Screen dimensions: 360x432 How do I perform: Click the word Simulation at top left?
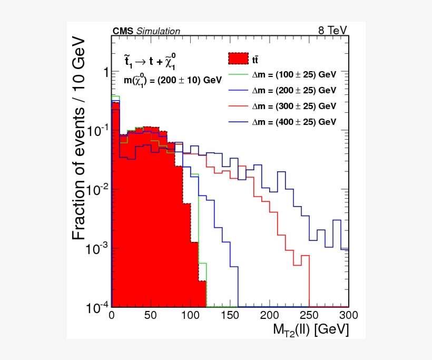click(x=158, y=32)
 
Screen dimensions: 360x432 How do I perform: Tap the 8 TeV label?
click(x=332, y=31)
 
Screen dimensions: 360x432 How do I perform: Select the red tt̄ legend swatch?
click(x=238, y=59)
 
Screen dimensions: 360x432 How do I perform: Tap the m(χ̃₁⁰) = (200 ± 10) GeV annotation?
click(x=172, y=80)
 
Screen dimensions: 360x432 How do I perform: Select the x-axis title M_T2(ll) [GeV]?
click(x=310, y=330)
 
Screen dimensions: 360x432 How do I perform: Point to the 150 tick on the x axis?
click(x=230, y=315)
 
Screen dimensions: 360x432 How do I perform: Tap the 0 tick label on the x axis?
click(x=111, y=315)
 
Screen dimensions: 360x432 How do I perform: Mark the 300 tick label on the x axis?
click(x=348, y=315)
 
